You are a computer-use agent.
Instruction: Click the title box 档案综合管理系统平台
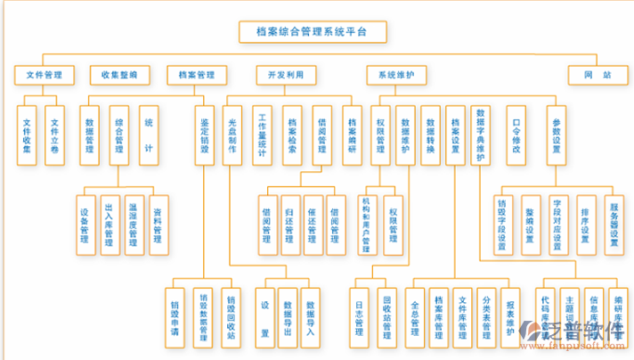(x=315, y=32)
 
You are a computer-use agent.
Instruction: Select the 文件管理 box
(x=44, y=75)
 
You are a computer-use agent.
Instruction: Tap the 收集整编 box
(x=119, y=75)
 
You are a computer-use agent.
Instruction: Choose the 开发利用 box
(x=285, y=75)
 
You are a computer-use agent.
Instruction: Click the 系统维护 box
(x=396, y=75)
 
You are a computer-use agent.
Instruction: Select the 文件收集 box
(x=28, y=135)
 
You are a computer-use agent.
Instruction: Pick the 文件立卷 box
(x=55, y=135)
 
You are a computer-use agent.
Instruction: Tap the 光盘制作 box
(x=233, y=135)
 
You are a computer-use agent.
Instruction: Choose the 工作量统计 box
(x=263, y=135)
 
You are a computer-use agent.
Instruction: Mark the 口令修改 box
(x=516, y=135)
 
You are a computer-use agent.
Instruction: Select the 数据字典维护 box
(x=481, y=135)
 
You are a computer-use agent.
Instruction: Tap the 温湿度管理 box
(x=134, y=225)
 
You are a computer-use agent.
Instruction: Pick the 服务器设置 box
(x=614, y=225)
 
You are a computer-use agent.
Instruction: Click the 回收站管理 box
(x=387, y=316)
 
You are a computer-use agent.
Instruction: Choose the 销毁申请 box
(x=176, y=316)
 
